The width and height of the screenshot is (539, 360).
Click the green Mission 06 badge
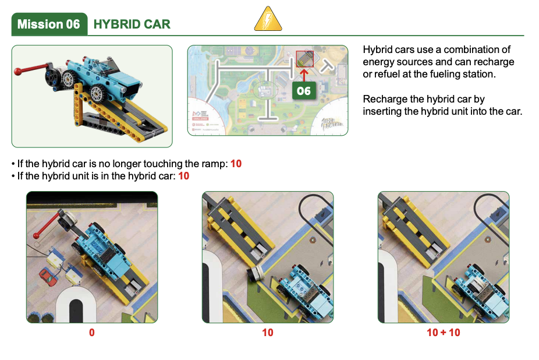49,24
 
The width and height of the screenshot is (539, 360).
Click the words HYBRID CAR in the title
132,24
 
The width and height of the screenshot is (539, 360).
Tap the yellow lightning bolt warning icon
268,19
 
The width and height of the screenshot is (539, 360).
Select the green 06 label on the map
304,90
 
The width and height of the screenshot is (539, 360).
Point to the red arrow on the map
304,75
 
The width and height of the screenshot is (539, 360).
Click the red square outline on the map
305,59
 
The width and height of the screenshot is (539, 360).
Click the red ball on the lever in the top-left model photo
18,71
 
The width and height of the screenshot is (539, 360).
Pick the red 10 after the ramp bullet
236,164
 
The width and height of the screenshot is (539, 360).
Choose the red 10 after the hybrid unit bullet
183,176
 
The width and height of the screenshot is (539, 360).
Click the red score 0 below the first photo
92,333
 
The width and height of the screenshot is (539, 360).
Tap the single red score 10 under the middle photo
268,333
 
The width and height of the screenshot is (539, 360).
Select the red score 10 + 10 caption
444,333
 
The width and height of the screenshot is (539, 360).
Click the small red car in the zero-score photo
48,277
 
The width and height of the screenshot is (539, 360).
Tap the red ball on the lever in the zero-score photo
36,235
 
